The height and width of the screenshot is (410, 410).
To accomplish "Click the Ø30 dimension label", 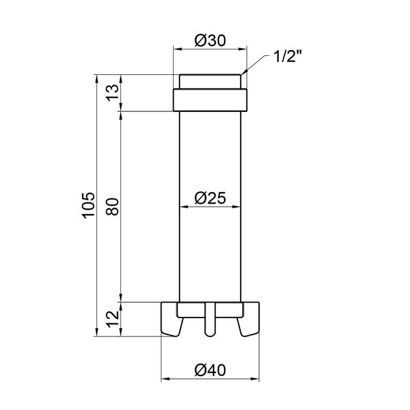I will coord(210,39).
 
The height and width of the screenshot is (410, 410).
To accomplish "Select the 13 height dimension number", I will coord(112,93).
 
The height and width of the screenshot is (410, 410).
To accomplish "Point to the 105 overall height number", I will coord(87,206).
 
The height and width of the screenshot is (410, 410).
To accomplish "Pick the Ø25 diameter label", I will coord(210,197).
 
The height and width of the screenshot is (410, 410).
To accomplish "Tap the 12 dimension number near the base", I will coord(112,319).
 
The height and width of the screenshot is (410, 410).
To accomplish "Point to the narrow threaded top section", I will coord(210,83).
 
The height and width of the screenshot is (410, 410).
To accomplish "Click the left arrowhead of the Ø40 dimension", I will coord(164,379).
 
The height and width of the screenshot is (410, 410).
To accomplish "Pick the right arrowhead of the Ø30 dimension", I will coord(245,48).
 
